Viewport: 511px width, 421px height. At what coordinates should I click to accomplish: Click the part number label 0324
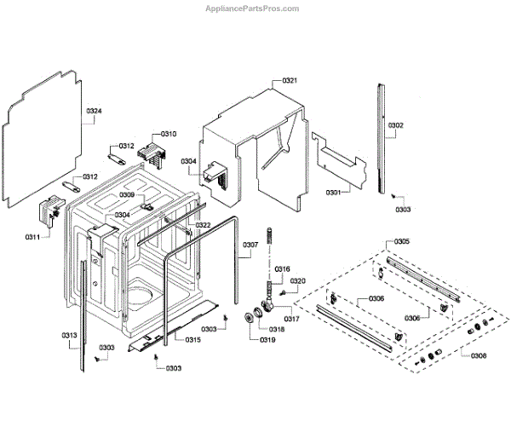[94, 112]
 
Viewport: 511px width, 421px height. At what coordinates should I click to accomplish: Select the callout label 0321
[290, 80]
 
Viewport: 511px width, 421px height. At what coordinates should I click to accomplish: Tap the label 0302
[396, 125]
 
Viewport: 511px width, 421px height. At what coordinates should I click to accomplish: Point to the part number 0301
[333, 193]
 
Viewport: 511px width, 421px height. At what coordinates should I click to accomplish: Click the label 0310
[169, 134]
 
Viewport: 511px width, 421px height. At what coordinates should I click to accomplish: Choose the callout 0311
[32, 236]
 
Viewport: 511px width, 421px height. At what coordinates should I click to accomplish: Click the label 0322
[203, 225]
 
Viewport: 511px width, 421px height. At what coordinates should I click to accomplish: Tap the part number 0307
[250, 245]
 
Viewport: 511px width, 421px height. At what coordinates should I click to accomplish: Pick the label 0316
[282, 268]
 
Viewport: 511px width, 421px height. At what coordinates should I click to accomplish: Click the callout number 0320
[297, 280]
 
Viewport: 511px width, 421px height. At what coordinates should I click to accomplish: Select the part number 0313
[70, 335]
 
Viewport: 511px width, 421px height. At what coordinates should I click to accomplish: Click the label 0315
[193, 340]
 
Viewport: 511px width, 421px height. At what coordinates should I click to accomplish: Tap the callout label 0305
[401, 241]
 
